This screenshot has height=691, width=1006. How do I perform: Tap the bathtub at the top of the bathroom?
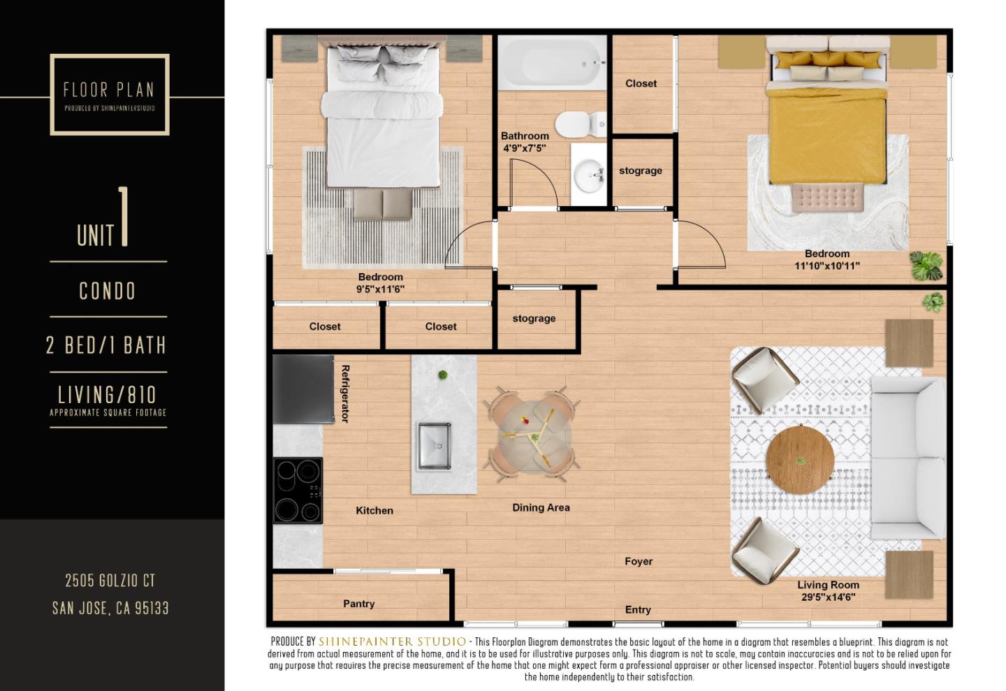coord(552,63)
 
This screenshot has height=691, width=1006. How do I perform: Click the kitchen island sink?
coord(434,446)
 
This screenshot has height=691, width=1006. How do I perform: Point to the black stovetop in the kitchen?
coord(298,490)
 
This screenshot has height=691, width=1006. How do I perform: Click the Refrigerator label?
coord(344,393)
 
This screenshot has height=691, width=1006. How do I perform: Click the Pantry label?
coord(358,604)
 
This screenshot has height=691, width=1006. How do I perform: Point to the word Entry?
coord(637,610)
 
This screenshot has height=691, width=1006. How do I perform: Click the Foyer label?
coord(639,561)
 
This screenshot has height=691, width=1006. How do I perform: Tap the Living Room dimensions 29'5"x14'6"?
coord(828,597)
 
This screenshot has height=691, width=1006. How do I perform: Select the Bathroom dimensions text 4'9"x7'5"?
coord(525,148)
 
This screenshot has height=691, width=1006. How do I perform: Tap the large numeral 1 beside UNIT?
coord(124,217)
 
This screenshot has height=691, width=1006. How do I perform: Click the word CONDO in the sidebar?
coord(108,291)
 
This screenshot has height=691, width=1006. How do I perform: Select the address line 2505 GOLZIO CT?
coord(110,581)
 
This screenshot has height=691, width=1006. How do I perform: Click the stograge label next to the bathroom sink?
coord(641,170)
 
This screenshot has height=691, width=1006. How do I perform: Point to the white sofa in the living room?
coord(907,458)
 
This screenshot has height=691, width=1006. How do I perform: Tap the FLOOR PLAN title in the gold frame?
coord(109,89)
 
